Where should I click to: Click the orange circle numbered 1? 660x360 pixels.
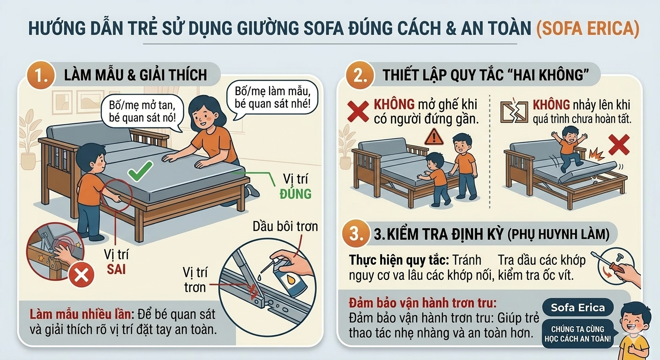click(41, 75)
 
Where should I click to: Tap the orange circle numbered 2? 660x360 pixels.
click(360, 75)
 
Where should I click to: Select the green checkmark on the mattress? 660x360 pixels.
click(140, 171)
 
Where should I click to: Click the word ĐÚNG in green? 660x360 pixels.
click(295, 194)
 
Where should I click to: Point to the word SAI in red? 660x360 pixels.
click(116, 269)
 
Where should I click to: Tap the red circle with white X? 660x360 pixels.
click(81, 275)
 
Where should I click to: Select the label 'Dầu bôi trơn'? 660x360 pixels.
click(285, 226)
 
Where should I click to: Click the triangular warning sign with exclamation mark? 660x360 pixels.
click(434, 137)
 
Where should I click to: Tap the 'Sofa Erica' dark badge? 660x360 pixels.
click(577, 307)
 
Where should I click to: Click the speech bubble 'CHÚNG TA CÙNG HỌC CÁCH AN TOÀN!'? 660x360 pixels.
click(577, 333)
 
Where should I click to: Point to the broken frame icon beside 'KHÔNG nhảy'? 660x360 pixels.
click(514, 112)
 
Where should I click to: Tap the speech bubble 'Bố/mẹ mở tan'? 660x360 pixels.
click(142, 112)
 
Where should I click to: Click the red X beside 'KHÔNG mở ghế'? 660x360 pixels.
click(358, 112)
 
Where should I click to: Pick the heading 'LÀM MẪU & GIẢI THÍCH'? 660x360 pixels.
click(135, 75)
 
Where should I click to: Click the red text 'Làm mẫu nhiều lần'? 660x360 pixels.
click(80, 315)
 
